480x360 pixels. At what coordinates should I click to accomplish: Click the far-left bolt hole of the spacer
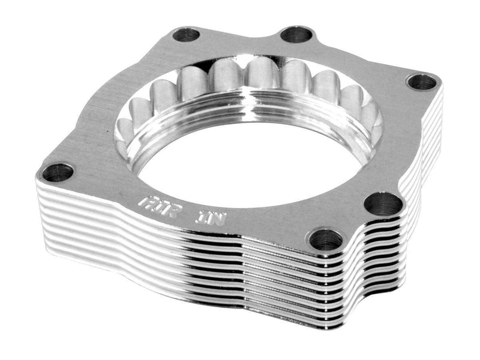tap(59, 173)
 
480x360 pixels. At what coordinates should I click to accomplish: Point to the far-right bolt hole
tap(424, 81)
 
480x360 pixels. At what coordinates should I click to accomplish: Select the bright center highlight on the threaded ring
tap(252, 96)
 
